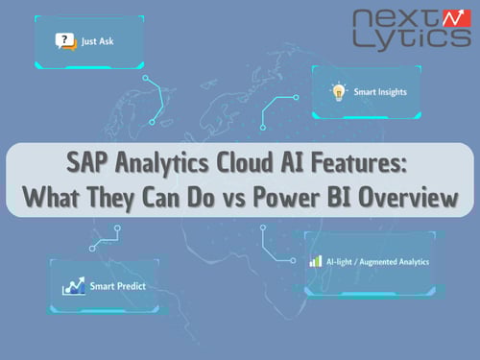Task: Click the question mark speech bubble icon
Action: [64, 41]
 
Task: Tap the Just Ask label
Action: [94, 42]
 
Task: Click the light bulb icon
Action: [337, 93]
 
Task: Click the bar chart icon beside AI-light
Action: [315, 260]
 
